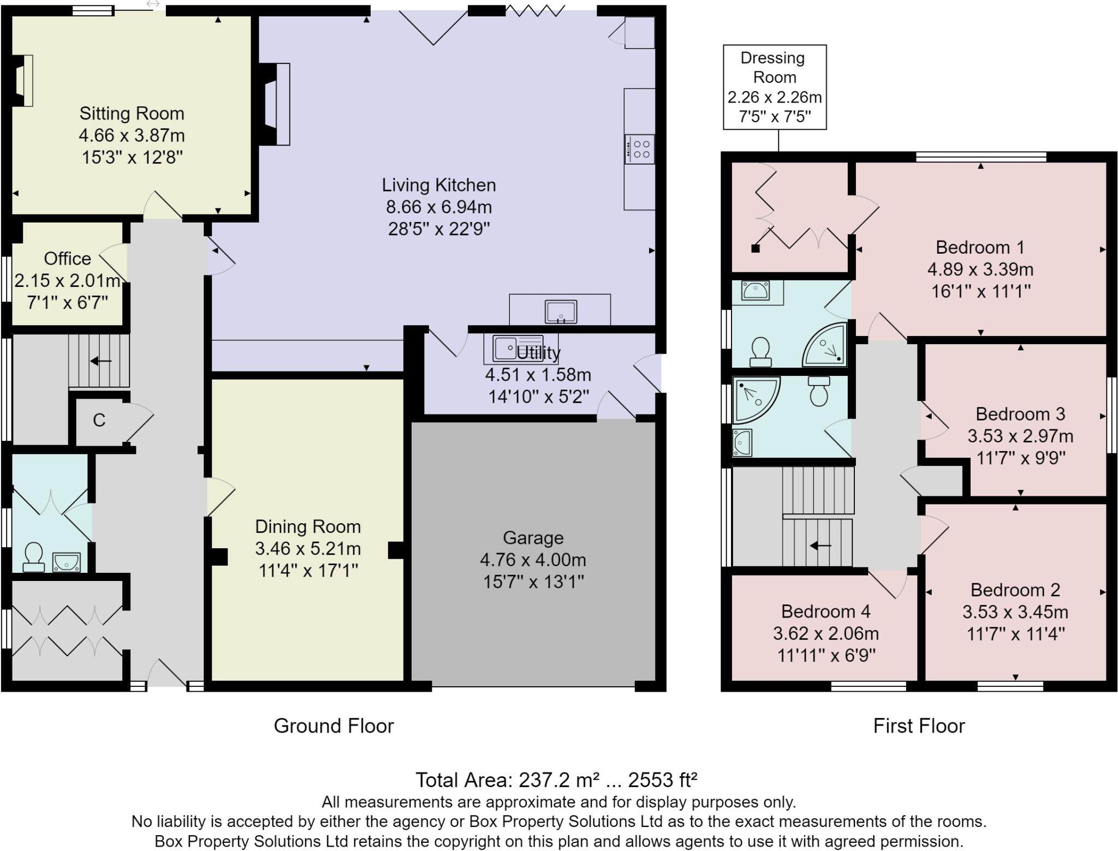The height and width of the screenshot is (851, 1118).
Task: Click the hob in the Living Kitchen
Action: tap(639, 149)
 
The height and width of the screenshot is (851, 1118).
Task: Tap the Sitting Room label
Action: tap(132, 113)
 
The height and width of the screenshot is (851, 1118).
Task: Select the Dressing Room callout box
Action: tap(775, 87)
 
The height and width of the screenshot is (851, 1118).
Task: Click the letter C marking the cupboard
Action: tap(99, 420)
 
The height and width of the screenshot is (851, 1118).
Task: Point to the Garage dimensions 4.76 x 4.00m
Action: tap(533, 560)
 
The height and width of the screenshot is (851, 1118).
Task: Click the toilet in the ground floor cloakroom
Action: tap(34, 556)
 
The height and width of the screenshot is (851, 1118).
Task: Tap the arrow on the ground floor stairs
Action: tap(101, 361)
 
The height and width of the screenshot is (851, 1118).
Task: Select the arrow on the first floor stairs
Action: tap(820, 545)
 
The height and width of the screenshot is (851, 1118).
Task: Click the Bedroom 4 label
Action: tap(825, 612)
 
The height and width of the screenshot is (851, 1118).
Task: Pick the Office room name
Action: tap(68, 258)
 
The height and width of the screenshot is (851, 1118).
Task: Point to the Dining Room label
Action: tap(308, 526)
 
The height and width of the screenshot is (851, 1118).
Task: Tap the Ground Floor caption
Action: tap(334, 726)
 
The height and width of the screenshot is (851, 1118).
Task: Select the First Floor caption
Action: tap(919, 726)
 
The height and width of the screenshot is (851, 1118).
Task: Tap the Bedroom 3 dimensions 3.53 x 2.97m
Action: tap(1020, 436)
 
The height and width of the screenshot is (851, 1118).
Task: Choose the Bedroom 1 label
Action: tap(980, 247)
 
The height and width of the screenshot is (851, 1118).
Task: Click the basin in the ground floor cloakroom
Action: tap(66, 561)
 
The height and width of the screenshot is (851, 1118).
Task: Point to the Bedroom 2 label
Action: tap(1015, 590)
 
